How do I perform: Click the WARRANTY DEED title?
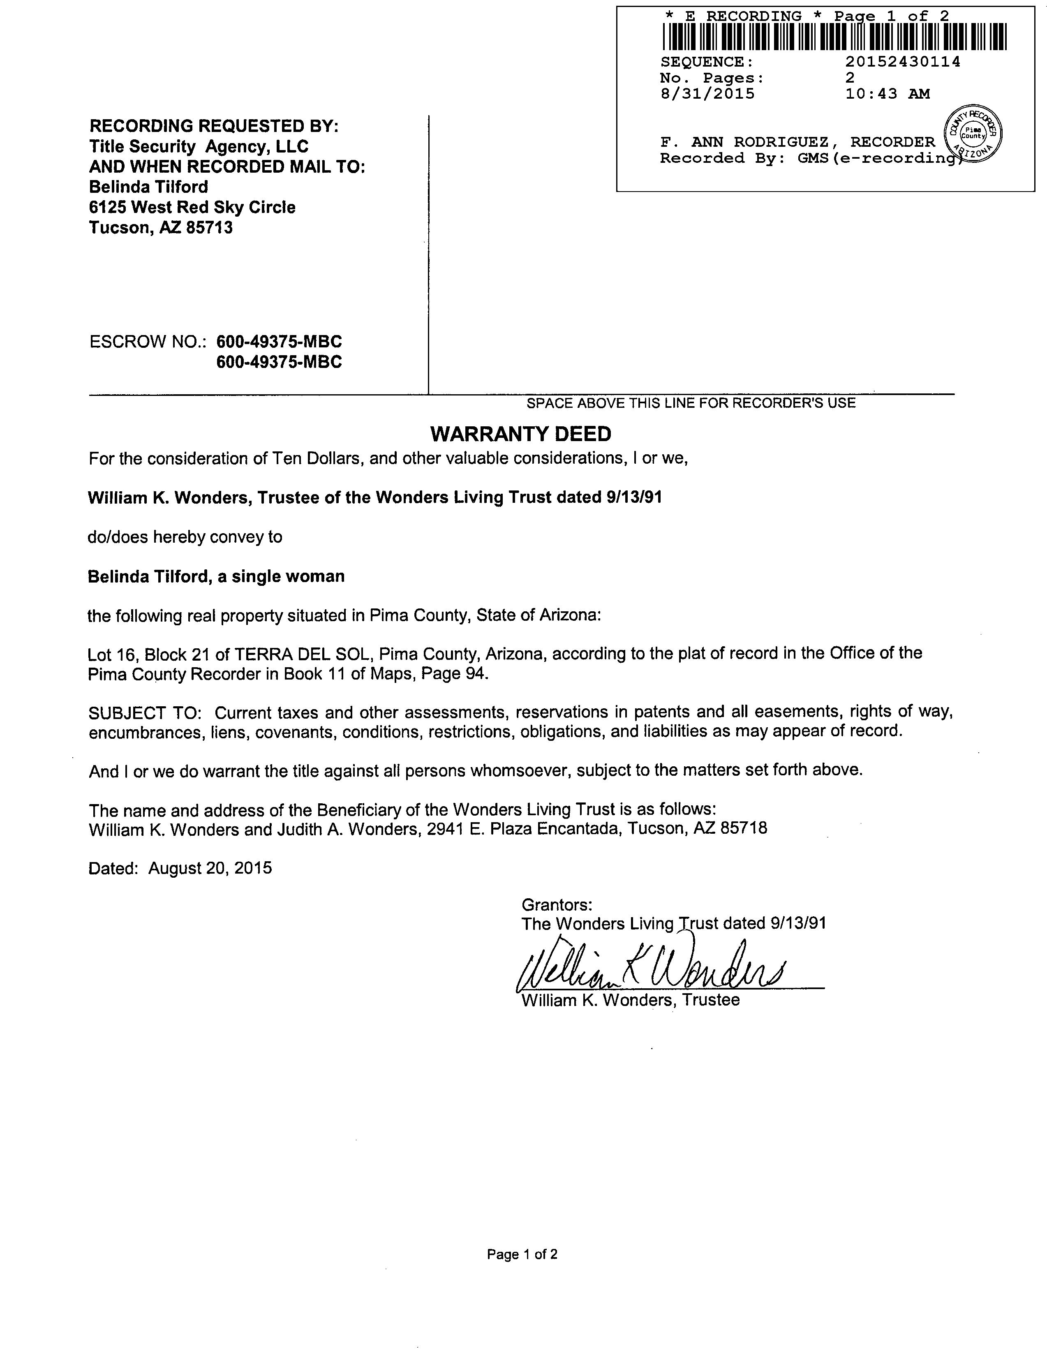coord(520,434)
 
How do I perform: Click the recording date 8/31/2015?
coord(708,94)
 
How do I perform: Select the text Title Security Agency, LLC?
coord(199,146)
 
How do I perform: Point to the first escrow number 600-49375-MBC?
coord(279,342)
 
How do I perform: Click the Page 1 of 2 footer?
coord(522,1254)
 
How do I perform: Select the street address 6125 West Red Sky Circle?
coord(192,207)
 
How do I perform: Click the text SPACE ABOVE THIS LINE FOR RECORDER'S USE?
coord(691,403)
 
